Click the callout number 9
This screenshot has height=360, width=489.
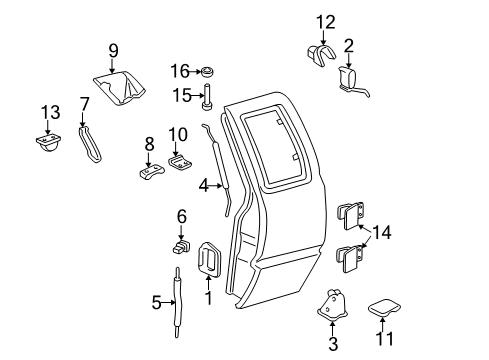coord(113,49)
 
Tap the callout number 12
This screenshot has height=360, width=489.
coord(324,21)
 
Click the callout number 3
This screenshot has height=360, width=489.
coord(333,345)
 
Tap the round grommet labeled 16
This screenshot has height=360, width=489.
coord(210,73)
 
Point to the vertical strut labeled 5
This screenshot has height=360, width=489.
coord(178,306)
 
